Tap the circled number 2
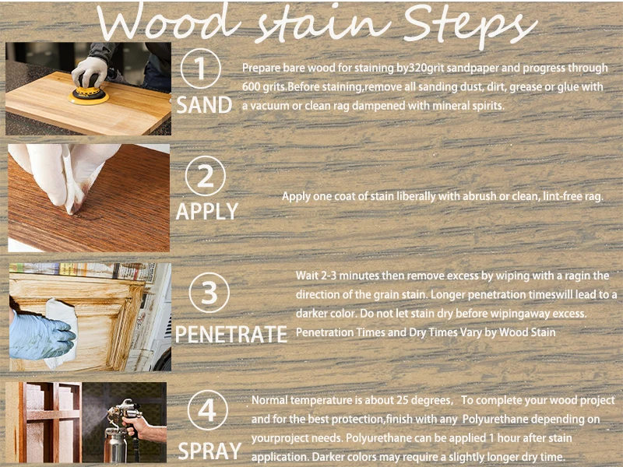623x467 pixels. [206, 177]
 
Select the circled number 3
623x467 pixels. [209, 294]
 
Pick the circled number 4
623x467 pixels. [208, 411]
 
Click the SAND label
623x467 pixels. [204, 105]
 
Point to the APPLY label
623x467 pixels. [207, 212]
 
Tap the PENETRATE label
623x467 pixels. [231, 335]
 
